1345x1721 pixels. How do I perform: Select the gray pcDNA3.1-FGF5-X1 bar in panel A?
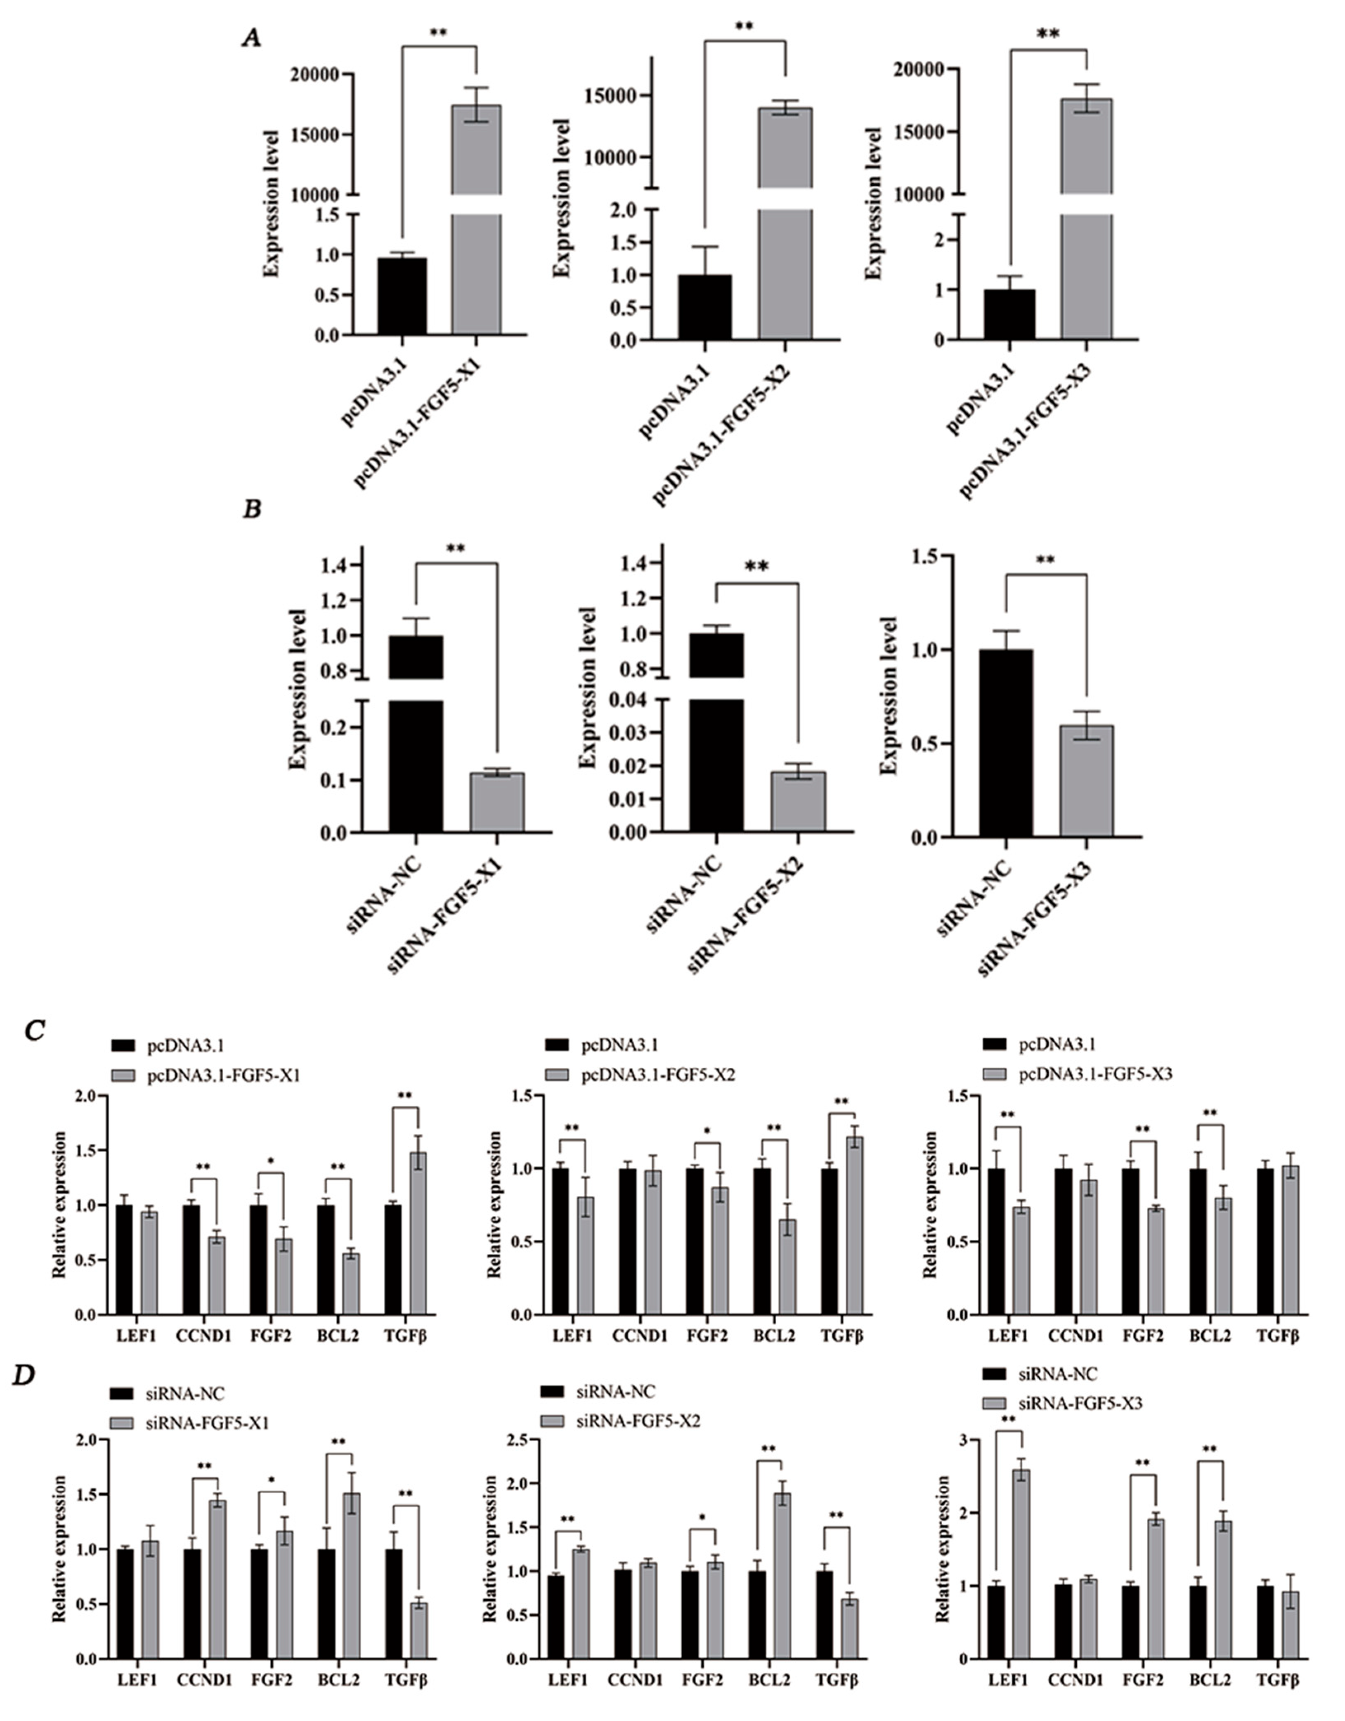[x=476, y=221]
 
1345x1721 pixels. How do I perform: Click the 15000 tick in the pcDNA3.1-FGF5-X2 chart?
[x=614, y=96]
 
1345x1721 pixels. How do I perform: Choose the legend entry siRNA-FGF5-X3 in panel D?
[x=1080, y=1404]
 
